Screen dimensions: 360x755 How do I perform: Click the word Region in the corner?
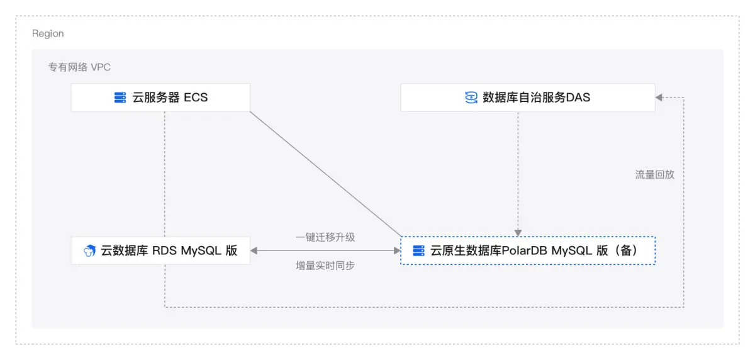[48, 33]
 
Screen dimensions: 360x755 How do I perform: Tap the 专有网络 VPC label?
[80, 67]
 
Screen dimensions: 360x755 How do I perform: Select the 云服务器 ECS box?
[160, 98]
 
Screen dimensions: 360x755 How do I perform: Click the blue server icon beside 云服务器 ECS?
[120, 98]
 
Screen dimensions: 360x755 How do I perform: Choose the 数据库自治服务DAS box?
[527, 98]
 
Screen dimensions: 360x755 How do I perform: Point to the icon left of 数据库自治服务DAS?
[471, 98]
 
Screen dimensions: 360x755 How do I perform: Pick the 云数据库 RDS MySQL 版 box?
[160, 250]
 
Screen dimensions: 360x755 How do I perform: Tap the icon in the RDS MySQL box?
[89, 250]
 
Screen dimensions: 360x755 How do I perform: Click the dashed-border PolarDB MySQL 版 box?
[528, 250]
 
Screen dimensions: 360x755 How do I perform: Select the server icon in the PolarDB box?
[418, 250]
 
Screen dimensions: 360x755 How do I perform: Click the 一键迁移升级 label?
[325, 237]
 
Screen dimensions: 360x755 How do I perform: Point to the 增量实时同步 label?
[325, 266]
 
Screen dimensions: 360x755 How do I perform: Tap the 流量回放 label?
[654, 174]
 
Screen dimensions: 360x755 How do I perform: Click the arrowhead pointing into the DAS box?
[659, 98]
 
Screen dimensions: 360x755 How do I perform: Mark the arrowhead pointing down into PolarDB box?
[518, 232]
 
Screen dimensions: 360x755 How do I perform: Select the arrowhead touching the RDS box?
[254, 250]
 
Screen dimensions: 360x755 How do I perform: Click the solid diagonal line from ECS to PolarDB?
[325, 174]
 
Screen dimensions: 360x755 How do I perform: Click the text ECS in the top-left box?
[196, 98]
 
